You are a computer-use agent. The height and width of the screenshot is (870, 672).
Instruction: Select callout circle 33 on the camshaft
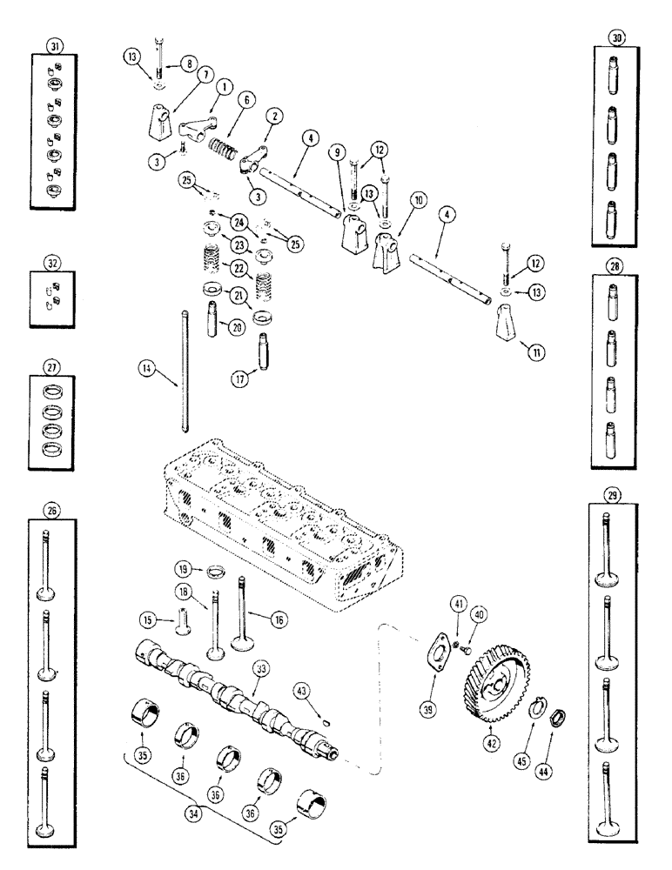(x=259, y=669)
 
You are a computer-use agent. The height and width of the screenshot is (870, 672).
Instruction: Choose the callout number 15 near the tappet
(x=148, y=619)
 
